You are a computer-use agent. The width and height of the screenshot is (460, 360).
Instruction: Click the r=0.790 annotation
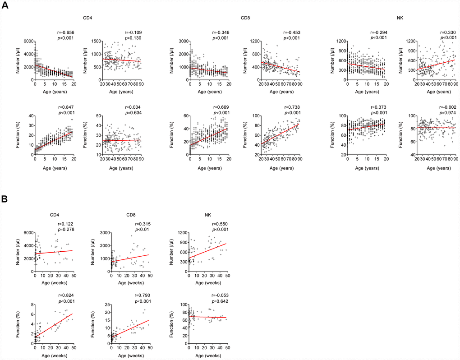pyautogui.click(x=142, y=299)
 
